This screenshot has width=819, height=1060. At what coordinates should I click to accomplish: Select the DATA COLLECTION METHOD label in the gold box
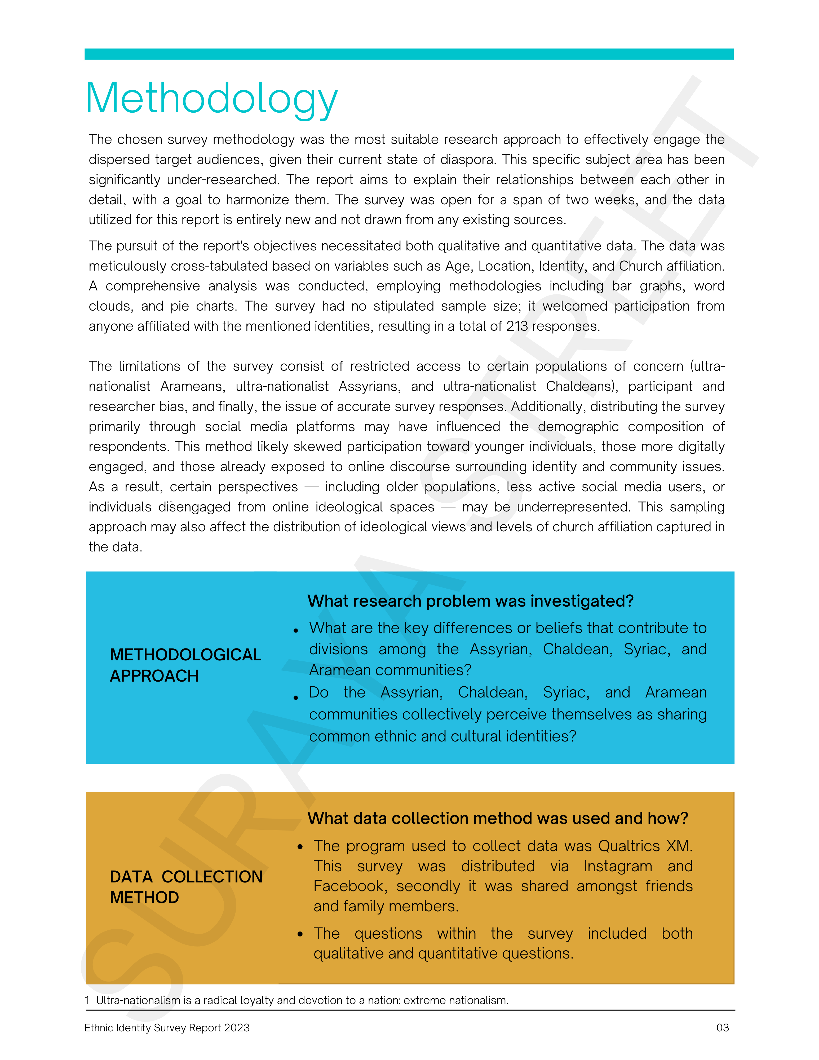185,887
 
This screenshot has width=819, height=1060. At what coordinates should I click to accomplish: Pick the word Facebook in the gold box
349,886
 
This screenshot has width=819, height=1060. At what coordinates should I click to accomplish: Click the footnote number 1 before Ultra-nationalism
87,1000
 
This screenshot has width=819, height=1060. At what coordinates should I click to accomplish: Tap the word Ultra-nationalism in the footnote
138,1000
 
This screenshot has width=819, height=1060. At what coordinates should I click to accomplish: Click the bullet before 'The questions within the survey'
300,934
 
